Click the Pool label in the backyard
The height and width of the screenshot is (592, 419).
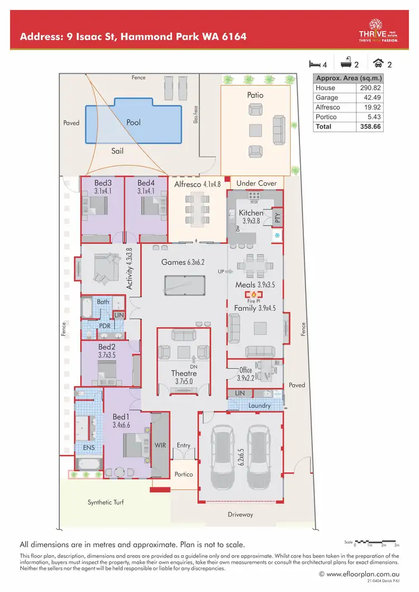[x=134, y=122]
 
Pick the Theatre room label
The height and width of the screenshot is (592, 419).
[x=184, y=373]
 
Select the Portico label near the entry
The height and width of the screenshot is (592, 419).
[x=183, y=474]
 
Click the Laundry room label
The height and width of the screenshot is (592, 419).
[x=260, y=406]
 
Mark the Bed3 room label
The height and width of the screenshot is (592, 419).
[x=103, y=183]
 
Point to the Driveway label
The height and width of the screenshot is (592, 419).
[x=240, y=514]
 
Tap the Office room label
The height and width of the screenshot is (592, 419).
[x=246, y=370]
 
